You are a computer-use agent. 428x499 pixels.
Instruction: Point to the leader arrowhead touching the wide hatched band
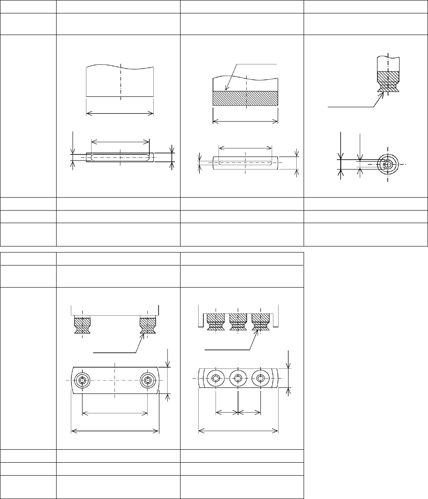tap(226, 90)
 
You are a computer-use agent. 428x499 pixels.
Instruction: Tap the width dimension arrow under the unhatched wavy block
tap(120, 113)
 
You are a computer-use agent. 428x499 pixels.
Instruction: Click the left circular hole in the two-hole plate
tap(82, 381)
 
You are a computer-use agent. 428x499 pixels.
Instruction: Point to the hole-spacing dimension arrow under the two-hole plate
tap(115, 413)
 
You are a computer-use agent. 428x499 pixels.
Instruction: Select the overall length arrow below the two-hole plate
tap(115, 431)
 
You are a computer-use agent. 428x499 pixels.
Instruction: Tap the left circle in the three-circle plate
tap(216, 378)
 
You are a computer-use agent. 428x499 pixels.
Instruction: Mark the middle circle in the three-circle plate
tap(238, 378)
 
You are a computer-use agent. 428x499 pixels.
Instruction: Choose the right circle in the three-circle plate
tap(260, 378)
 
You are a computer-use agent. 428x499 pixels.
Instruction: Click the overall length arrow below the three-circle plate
tap(238, 430)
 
